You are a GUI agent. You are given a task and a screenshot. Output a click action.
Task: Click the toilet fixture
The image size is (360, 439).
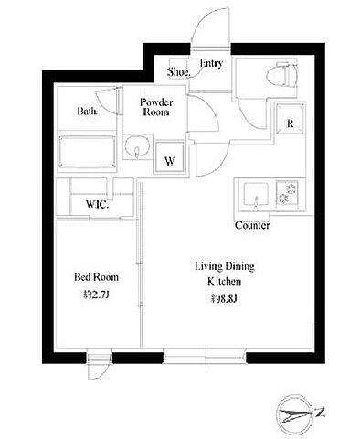coord(278,75)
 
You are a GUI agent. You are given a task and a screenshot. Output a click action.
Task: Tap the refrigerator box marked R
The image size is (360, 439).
coord(291,118)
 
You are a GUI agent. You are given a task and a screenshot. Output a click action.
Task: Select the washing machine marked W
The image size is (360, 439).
coord(169,157)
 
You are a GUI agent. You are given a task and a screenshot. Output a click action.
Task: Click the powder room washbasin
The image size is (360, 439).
coord(136,146)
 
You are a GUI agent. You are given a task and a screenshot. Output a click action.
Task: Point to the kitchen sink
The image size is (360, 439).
coord(256,195)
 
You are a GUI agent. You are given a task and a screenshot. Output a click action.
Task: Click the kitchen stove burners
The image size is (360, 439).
coord(287,195)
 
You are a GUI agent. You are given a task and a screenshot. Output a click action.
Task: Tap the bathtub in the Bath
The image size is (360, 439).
coord(88,152)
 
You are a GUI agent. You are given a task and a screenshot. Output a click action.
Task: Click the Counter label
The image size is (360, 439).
coord(252,226)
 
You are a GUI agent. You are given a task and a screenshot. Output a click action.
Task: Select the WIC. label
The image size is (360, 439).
coord(97,204)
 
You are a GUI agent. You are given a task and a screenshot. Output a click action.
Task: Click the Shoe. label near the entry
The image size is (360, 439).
coord(179,72)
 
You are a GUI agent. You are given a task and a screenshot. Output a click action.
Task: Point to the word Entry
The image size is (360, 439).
coord(211,63)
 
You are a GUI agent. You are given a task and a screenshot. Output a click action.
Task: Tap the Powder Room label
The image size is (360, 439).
coord(156,107)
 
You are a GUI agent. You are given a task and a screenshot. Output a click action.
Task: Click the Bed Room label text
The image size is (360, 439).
coord(96,277)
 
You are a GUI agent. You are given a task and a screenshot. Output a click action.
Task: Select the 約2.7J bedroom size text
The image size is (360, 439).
coord(96,294)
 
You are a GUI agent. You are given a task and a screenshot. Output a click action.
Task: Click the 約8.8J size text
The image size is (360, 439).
coord(225,299)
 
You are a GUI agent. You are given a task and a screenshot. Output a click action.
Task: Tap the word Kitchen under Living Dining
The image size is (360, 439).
coord(225,282)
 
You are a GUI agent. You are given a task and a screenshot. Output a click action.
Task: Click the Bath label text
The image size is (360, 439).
coord(88,111)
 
